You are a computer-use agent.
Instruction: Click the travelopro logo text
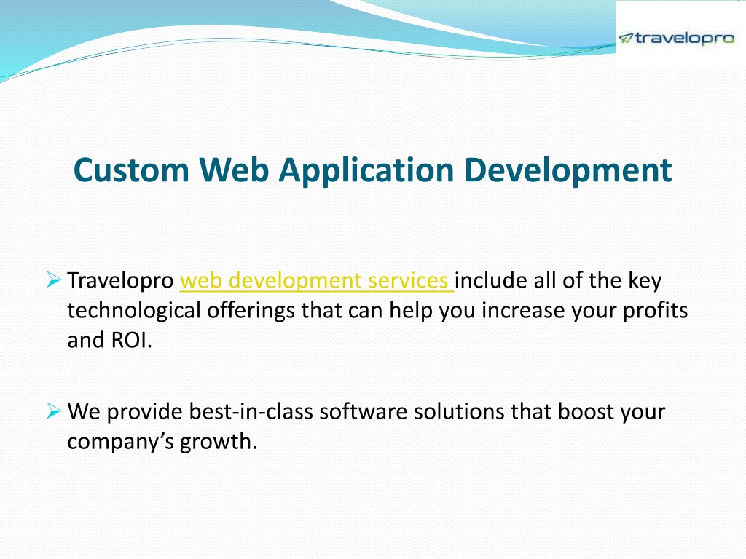point(685,38)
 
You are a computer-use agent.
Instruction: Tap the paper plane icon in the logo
point(626,38)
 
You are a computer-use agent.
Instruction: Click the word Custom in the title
point(131,170)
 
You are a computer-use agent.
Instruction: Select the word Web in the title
point(234,170)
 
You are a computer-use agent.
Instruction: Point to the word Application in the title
point(366,170)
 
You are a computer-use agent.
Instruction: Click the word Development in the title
point(568,170)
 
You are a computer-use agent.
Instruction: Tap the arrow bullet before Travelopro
point(54,279)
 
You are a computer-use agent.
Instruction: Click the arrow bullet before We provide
point(54,411)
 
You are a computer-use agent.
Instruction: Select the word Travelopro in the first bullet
point(120,281)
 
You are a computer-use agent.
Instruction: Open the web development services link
point(316,281)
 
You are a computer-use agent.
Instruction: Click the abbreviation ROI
point(131,341)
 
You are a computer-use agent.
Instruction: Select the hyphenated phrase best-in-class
point(251,412)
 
